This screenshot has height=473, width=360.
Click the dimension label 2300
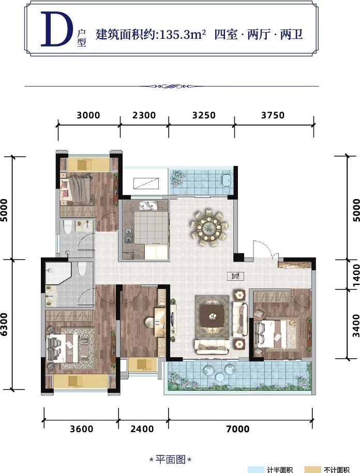[x=144, y=115]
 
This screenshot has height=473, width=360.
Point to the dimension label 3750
[x=273, y=115]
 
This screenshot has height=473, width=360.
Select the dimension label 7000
[x=238, y=429]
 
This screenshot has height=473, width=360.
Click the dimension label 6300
[x=4, y=325]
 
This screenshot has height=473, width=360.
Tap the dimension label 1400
[x=356, y=273]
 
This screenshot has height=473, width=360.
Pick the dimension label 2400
[x=142, y=429]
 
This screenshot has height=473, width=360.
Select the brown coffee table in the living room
[x=213, y=316]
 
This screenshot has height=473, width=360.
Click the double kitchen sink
[x=148, y=206]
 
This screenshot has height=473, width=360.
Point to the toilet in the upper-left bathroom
[x=68, y=227]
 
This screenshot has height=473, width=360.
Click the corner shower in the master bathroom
[x=57, y=273]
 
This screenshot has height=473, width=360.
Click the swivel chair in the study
[x=149, y=323]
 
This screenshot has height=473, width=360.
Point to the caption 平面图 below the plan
[x=171, y=460]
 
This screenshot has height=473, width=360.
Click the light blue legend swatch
[x=256, y=470]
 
